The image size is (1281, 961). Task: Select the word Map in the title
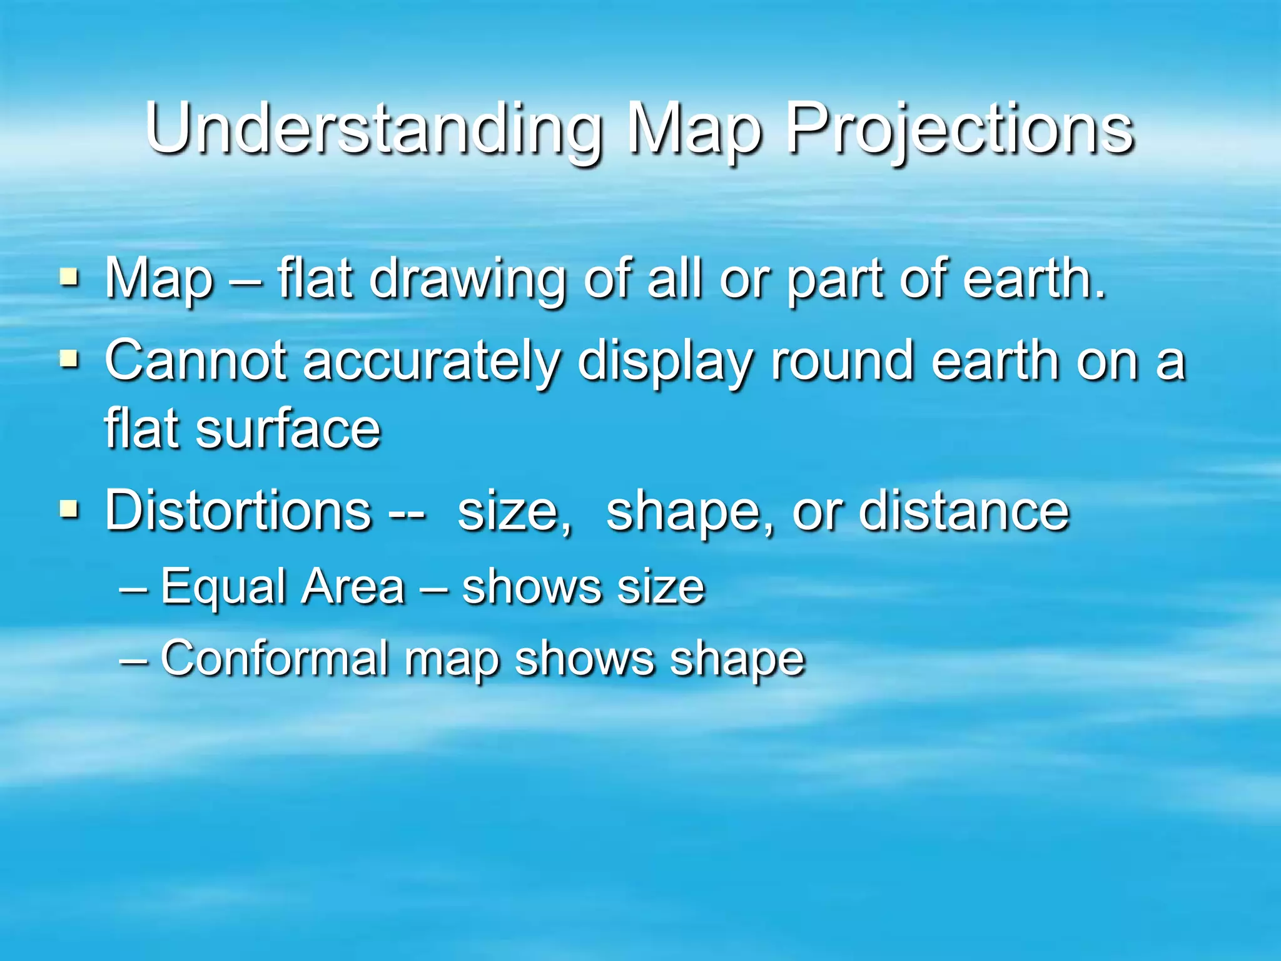[x=695, y=130]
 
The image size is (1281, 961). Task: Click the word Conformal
[x=275, y=658]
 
